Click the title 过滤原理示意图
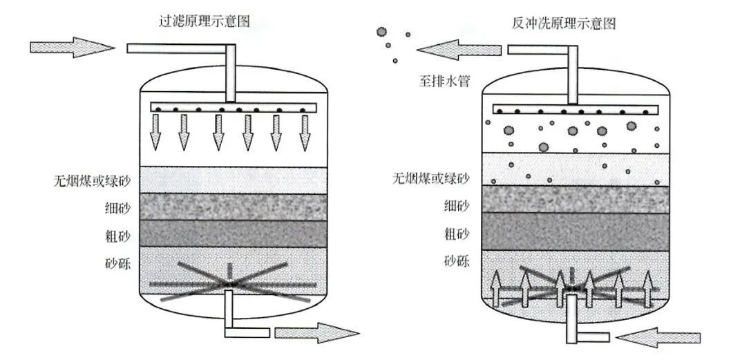(204, 21)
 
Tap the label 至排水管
(443, 82)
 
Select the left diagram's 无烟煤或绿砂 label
(91, 180)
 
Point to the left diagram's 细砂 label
(117, 207)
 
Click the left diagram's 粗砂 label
(117, 234)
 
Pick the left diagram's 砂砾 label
(117, 264)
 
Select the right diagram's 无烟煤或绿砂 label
(430, 178)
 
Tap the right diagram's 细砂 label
(457, 205)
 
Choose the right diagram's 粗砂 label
(457, 234)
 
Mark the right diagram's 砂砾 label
(457, 261)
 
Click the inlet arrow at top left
(73, 47)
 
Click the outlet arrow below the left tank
(317, 333)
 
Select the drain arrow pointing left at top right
(459, 50)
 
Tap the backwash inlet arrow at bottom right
(658, 337)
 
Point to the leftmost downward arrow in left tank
(155, 133)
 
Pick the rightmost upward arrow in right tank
(647, 289)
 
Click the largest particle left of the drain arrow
(382, 32)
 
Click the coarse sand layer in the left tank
(233, 234)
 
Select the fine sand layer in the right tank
(576, 199)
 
